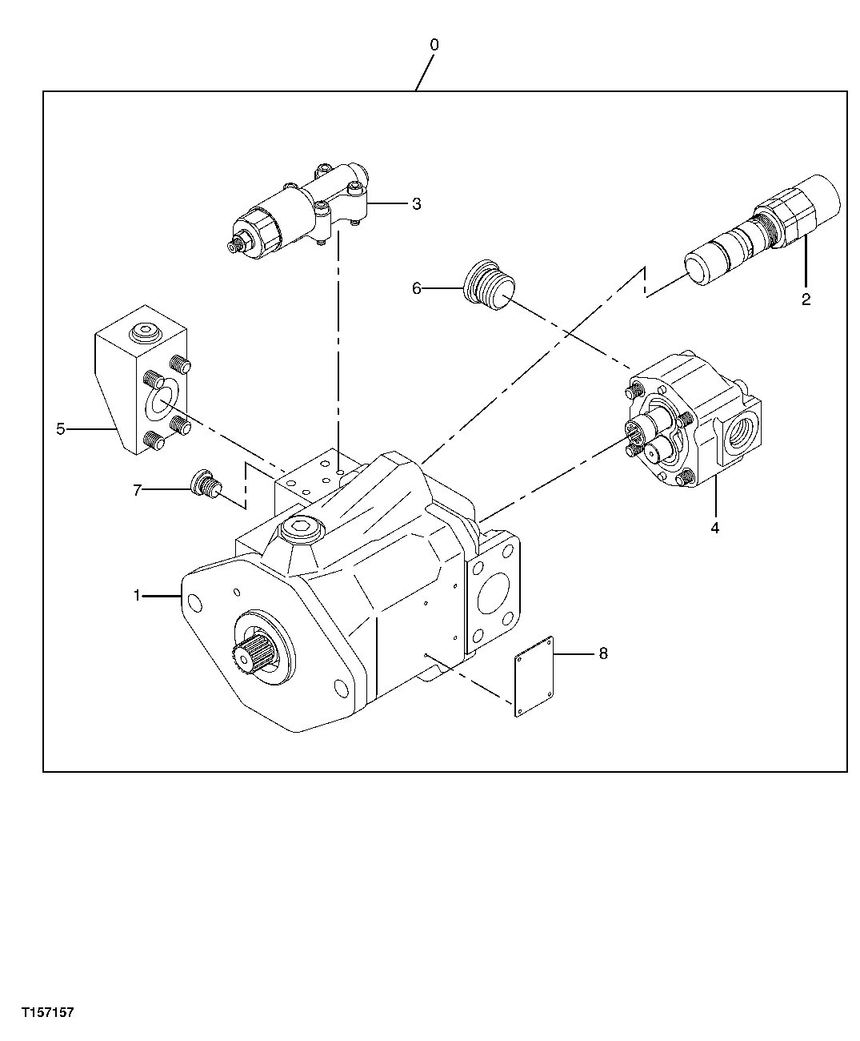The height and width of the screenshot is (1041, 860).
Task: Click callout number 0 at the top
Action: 434,46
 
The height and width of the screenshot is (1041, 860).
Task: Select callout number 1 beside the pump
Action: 137,595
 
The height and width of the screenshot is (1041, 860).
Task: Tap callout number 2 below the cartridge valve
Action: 806,299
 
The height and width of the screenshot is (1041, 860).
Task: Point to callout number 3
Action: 416,203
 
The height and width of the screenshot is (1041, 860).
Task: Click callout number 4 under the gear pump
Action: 715,528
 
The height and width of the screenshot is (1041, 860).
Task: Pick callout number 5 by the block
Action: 61,429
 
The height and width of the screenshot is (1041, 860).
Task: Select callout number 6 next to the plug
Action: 416,288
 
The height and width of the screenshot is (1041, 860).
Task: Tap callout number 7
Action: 137,490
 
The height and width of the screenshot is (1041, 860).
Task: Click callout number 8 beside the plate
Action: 602,654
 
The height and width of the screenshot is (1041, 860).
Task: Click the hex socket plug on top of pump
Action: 301,529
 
